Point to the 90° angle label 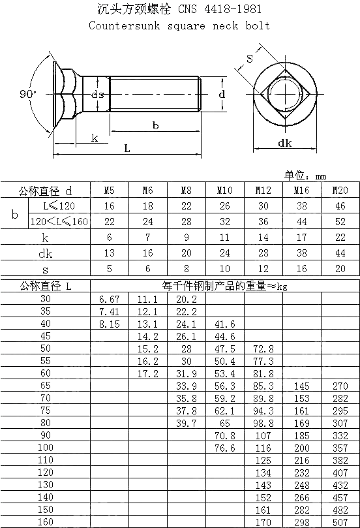[28, 94]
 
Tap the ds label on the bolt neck [97, 95]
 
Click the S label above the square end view [249, 59]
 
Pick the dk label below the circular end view [285, 143]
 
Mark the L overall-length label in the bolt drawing [127, 148]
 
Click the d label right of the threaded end [222, 95]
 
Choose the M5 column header [110, 191]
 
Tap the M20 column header [340, 191]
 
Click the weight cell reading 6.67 [110, 298]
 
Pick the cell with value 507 [340, 522]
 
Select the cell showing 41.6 [224, 324]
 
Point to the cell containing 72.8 [263, 349]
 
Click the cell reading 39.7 [187, 423]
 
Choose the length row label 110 [46, 460]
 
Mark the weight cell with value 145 [301, 386]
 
